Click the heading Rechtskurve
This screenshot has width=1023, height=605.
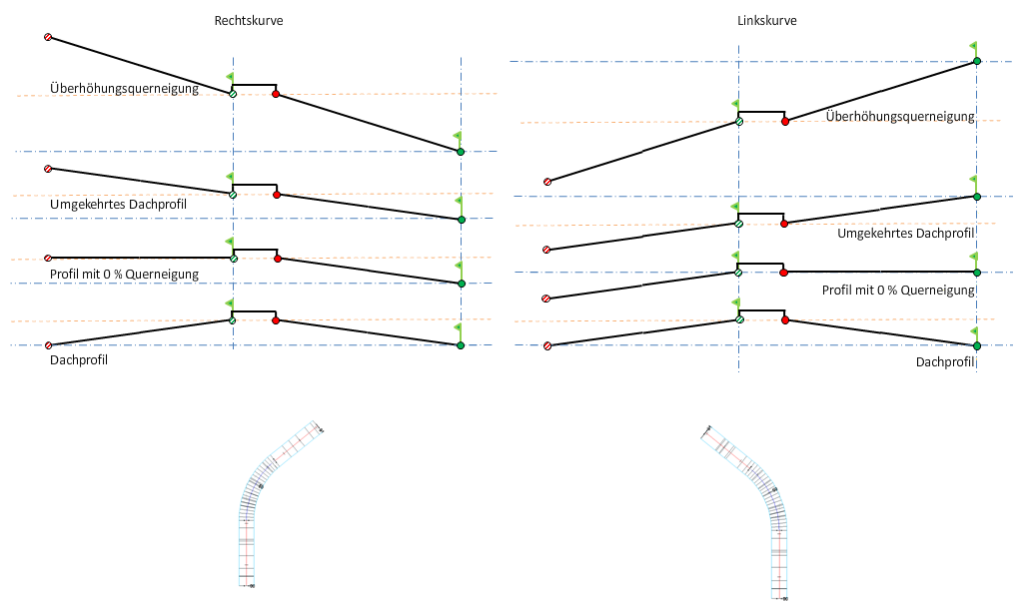pos(248,20)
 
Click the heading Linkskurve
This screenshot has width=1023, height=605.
pos(767,20)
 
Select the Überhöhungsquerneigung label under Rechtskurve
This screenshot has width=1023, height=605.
pos(124,89)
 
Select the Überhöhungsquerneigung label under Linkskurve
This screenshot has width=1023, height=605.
pos(900,117)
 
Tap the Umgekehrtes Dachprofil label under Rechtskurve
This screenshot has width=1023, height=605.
pos(119,205)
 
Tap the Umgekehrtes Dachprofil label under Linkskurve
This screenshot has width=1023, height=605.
pos(906,234)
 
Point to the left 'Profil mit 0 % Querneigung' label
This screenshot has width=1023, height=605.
pos(124,274)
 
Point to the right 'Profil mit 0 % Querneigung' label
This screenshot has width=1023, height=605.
pos(897,290)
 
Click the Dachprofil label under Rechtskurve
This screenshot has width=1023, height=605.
pos(78,359)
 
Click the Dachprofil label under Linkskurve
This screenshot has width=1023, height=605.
pos(944,361)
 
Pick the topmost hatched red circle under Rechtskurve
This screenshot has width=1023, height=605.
pos(47,37)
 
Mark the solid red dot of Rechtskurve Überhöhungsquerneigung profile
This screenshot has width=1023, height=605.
pos(276,95)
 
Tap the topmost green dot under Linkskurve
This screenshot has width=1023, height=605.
pos(976,62)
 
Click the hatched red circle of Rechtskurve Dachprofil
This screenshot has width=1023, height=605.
pos(47,345)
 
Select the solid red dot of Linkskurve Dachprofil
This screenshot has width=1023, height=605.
pos(785,320)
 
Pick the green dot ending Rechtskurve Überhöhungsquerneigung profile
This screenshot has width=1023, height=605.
pos(461,152)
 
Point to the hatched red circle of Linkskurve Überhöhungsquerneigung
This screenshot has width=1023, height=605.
pos(546,182)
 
